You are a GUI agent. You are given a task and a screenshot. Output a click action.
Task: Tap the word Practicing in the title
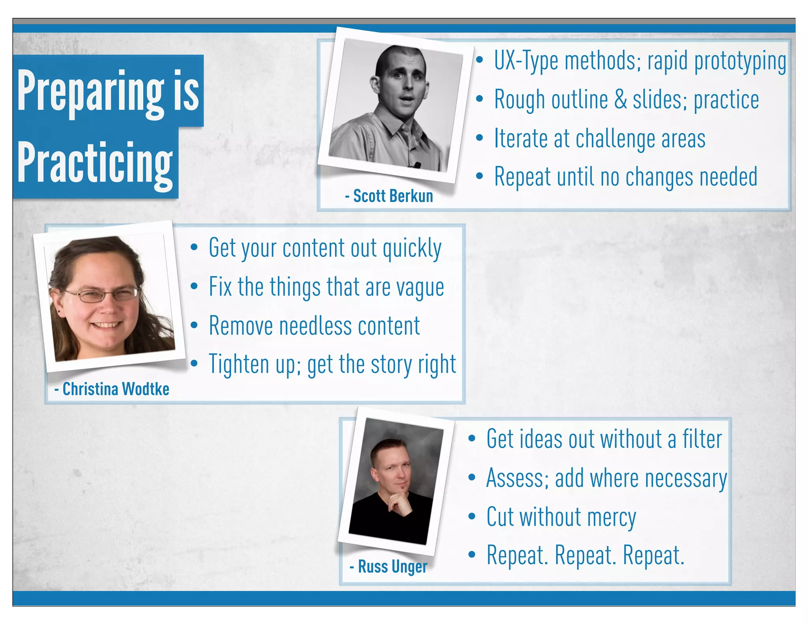click(95, 163)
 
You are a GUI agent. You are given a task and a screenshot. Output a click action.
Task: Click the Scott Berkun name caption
click(389, 196)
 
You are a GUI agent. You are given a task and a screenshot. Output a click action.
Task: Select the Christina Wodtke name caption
click(112, 389)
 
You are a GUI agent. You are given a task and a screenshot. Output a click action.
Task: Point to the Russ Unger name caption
click(389, 567)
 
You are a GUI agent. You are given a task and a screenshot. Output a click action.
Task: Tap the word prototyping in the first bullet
click(740, 62)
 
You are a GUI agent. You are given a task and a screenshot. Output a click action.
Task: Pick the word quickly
click(412, 248)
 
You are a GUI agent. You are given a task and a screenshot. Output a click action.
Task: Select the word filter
click(702, 439)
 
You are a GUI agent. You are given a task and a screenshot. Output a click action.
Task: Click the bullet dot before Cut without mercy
click(472, 516)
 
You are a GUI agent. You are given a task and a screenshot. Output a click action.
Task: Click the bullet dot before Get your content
click(194, 247)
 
